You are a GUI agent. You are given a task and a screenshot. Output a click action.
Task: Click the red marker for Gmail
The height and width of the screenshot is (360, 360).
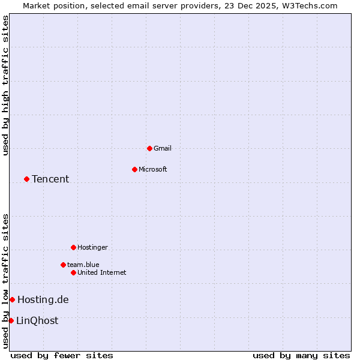coord(149,148)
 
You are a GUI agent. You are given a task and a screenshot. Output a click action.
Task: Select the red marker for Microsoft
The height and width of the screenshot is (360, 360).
coord(134,169)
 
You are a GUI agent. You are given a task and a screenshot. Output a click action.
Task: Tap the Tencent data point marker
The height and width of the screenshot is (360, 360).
coord(26,179)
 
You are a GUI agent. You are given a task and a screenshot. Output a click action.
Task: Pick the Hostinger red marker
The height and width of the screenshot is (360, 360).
coord(73,247)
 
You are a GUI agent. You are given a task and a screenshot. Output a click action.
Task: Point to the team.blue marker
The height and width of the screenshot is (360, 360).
coord(63,265)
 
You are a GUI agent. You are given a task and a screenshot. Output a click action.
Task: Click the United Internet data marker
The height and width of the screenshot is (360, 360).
coord(73,272)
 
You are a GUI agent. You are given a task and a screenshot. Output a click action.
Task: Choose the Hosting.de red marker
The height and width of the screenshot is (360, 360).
coord(12,299)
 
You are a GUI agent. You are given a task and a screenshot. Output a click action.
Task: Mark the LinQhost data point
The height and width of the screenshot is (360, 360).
coord(11,320)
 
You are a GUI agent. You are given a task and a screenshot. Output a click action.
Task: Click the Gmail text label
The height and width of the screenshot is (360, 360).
coord(163,148)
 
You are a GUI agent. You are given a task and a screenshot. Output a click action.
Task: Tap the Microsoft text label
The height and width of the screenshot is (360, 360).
coord(153,169)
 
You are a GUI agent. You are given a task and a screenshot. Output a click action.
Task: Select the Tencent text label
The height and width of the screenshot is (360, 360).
coord(50,179)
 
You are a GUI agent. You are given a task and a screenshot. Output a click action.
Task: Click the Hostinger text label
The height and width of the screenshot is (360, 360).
coord(92,247)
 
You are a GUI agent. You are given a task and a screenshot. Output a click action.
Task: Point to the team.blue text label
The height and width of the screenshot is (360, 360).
coord(83,265)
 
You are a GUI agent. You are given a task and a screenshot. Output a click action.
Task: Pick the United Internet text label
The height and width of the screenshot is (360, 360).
coord(102,272)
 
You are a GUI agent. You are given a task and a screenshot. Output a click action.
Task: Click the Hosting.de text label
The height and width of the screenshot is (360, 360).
coord(43,299)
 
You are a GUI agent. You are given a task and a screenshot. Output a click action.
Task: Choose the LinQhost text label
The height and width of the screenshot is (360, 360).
coord(37,320)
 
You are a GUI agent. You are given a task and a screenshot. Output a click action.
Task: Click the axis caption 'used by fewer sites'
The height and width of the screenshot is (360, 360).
coord(62,355)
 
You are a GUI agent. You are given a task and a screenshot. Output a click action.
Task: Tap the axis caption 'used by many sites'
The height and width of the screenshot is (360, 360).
coord(301,355)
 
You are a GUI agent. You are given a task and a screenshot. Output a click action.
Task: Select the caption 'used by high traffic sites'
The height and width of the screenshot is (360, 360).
coord(5,85)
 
